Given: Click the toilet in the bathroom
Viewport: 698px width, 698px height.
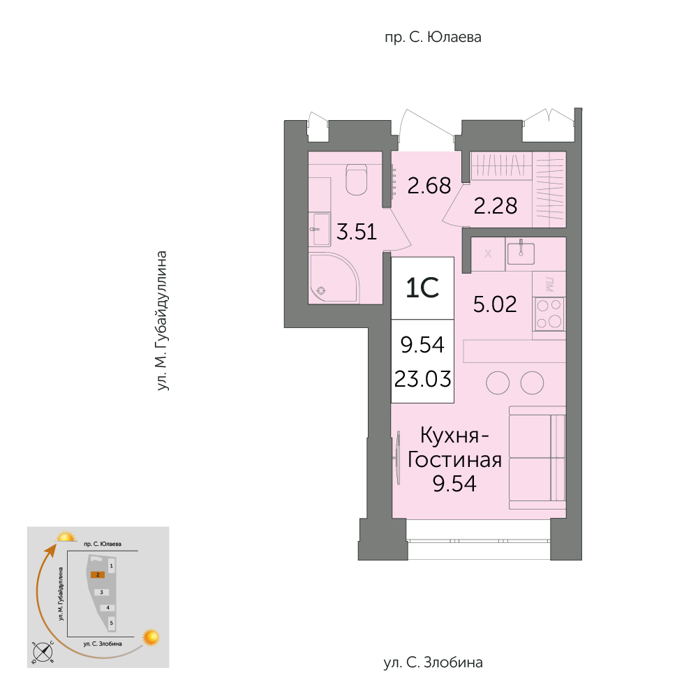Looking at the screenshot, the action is click(x=356, y=179).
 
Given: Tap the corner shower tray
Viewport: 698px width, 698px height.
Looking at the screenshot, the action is click(x=334, y=279).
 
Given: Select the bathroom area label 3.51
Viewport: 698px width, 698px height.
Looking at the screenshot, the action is click(x=357, y=232).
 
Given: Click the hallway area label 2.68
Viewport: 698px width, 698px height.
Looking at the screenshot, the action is click(x=429, y=185).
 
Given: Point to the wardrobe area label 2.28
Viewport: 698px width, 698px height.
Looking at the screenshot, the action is click(x=496, y=206).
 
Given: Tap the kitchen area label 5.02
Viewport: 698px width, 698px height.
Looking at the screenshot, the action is click(x=495, y=304).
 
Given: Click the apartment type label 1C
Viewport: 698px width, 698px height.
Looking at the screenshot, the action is click(x=422, y=288).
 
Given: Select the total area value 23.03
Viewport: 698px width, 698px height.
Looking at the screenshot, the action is click(x=422, y=379).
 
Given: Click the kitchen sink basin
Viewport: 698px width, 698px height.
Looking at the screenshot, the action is click(x=521, y=253).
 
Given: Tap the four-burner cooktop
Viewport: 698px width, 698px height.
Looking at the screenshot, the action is click(x=549, y=313).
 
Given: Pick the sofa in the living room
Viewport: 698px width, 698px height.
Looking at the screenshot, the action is click(x=537, y=457).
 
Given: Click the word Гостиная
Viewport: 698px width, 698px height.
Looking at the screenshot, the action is click(x=454, y=459).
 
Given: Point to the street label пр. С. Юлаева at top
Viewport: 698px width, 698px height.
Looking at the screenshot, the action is click(x=433, y=37).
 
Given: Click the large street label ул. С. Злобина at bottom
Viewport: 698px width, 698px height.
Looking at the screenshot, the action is click(x=433, y=662).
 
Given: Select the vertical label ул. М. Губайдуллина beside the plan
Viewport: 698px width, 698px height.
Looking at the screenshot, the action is click(x=162, y=321).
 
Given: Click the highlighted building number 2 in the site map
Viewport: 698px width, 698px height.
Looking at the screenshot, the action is click(x=98, y=574).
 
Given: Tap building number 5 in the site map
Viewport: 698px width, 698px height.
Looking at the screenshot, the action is click(x=111, y=623).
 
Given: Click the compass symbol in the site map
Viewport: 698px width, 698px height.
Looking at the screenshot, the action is click(x=43, y=652).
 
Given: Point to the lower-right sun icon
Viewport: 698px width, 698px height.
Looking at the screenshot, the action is click(x=151, y=637).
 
